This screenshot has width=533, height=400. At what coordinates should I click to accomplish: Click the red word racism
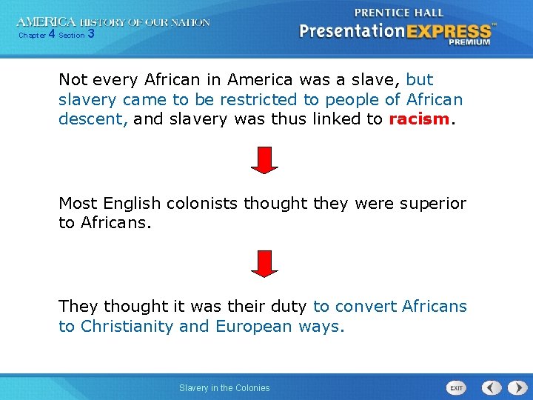(419, 119)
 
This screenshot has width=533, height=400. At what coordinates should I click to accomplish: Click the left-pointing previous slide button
(492, 387)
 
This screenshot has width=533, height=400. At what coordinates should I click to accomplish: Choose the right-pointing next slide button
(514, 387)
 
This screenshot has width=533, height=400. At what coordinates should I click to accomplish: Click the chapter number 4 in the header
(51, 34)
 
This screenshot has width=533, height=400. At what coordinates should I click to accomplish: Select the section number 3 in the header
(90, 34)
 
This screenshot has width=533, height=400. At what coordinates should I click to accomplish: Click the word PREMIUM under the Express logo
(469, 42)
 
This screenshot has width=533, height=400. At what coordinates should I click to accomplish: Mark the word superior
(432, 203)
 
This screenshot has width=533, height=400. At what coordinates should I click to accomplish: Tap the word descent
(92, 119)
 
